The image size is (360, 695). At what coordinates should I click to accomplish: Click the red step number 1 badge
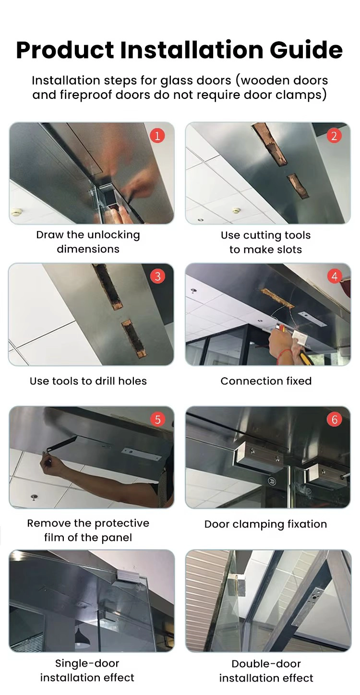(x=157, y=136)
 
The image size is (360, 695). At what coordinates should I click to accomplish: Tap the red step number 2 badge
(x=334, y=136)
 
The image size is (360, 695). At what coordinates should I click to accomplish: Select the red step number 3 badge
(x=157, y=276)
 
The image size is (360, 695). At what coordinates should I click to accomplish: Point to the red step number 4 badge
(x=334, y=276)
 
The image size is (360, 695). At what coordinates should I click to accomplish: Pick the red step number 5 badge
(x=157, y=419)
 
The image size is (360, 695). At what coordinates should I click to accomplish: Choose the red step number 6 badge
(x=334, y=419)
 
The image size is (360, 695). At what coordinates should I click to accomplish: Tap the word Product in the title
(x=65, y=49)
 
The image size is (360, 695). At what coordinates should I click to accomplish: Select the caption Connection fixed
(x=266, y=381)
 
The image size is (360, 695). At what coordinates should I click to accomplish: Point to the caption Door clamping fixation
(x=265, y=524)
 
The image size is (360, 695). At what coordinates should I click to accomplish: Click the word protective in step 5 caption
(x=122, y=524)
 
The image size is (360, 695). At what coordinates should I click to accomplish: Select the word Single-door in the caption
(x=87, y=663)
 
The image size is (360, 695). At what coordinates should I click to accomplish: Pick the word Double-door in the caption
(x=266, y=664)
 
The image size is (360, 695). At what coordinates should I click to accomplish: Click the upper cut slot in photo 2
(x=269, y=144)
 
